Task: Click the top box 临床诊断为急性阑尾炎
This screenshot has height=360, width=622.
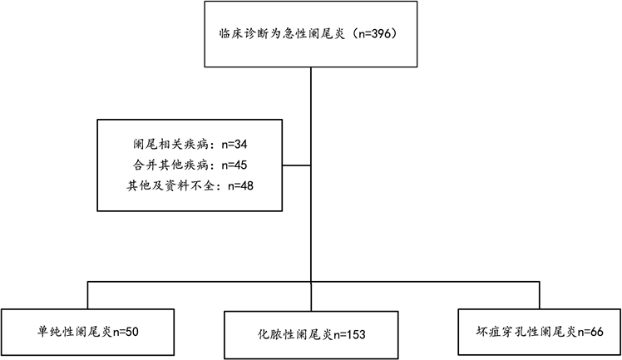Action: pyautogui.click(x=310, y=33)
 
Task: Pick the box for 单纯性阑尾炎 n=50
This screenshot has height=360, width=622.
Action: pyautogui.click(x=87, y=331)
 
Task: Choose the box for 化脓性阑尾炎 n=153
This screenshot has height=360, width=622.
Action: pyautogui.click(x=311, y=335)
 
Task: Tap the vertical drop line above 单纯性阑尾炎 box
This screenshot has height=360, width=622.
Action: pyautogui.click(x=87, y=295)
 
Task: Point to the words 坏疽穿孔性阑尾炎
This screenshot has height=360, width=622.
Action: pyautogui.click(x=524, y=331)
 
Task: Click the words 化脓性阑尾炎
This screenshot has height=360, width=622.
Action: pyautogui.click(x=296, y=335)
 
